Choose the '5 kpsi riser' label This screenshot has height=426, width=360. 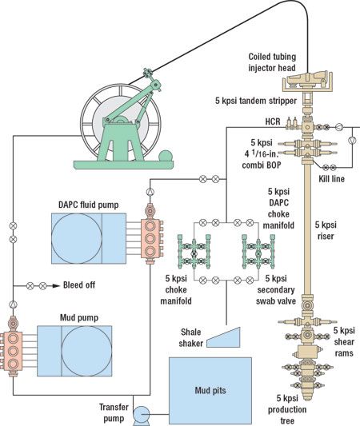click(x=330, y=230)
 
